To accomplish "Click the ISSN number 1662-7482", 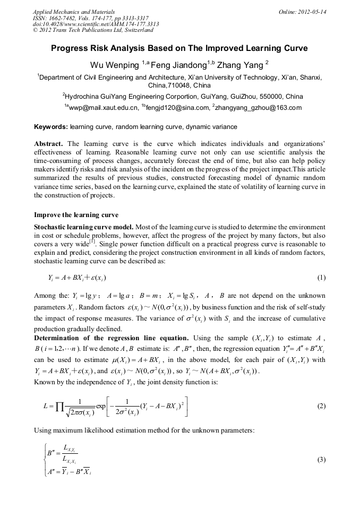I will click(67, 18).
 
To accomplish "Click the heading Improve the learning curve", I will click(78, 215).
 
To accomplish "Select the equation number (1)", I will click(321, 278).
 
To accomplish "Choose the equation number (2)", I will click(321, 406).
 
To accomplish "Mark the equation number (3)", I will click(321, 460).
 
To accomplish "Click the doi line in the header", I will click(96, 24).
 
